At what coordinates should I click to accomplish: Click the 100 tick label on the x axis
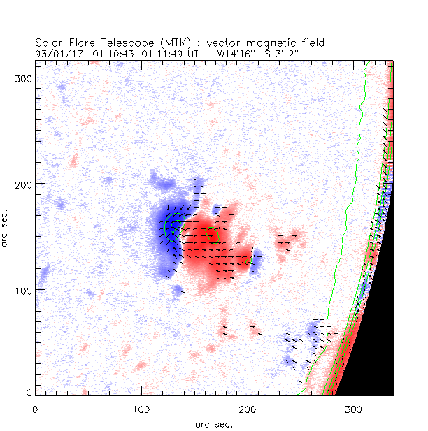(x=141, y=407)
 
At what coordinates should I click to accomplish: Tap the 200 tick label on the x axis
(x=247, y=407)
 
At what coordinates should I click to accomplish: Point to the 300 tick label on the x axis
(x=353, y=407)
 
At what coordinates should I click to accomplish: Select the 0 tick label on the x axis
(x=35, y=407)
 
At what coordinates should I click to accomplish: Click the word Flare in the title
(x=80, y=43)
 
